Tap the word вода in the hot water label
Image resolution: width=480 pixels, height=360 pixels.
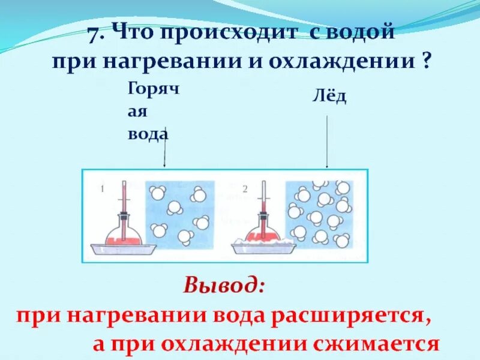click(x=147, y=133)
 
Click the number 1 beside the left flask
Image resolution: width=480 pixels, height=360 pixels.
click(x=103, y=190)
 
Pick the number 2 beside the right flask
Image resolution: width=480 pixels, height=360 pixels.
click(x=245, y=190)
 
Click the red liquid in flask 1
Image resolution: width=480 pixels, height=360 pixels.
click(x=123, y=238)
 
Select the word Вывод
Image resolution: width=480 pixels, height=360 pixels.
click(x=224, y=284)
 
